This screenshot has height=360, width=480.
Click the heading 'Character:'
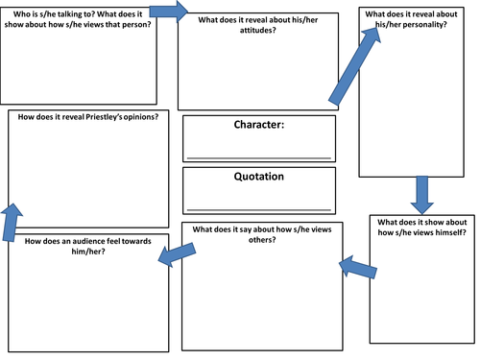pyautogui.click(x=259, y=125)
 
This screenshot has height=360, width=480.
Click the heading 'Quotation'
pyautogui.click(x=259, y=177)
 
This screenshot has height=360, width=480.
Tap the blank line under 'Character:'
pyautogui.click(x=259, y=156)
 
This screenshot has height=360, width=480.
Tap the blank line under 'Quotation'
pyautogui.click(x=259, y=207)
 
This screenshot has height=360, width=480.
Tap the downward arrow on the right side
pyautogui.click(x=420, y=194)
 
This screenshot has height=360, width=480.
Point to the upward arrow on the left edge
pyautogui.click(x=11, y=220)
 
